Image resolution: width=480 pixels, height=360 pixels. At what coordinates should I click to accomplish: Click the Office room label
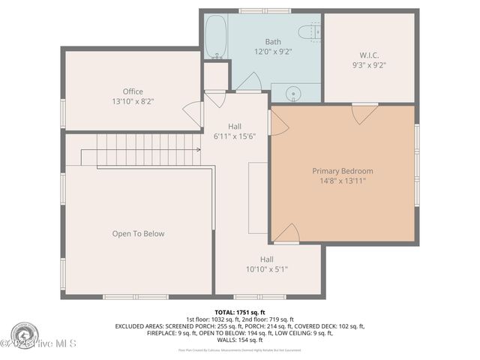[x=133, y=91]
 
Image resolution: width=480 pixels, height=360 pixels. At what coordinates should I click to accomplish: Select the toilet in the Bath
[x=310, y=32]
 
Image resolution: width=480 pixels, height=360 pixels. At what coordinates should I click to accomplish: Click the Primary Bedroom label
[x=342, y=171]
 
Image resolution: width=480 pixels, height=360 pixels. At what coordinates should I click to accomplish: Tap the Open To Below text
[x=138, y=233]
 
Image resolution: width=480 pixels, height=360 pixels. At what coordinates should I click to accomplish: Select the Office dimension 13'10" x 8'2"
[x=133, y=101]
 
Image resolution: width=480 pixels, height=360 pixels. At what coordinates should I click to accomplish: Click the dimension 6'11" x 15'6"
[x=235, y=136]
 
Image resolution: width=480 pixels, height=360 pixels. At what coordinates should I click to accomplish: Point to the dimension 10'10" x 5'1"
[x=267, y=269]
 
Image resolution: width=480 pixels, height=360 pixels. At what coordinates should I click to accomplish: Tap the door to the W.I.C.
[x=364, y=112]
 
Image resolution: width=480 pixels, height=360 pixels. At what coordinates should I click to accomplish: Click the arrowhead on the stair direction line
[x=199, y=150]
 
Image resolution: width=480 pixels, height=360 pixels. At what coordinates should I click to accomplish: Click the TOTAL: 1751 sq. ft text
[x=240, y=312]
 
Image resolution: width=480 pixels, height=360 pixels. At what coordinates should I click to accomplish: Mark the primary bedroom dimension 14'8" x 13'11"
[x=342, y=181]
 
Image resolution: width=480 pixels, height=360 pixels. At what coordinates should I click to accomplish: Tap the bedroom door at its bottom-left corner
[x=286, y=234]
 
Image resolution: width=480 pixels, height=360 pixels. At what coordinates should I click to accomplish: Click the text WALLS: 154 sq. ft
[x=240, y=340]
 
